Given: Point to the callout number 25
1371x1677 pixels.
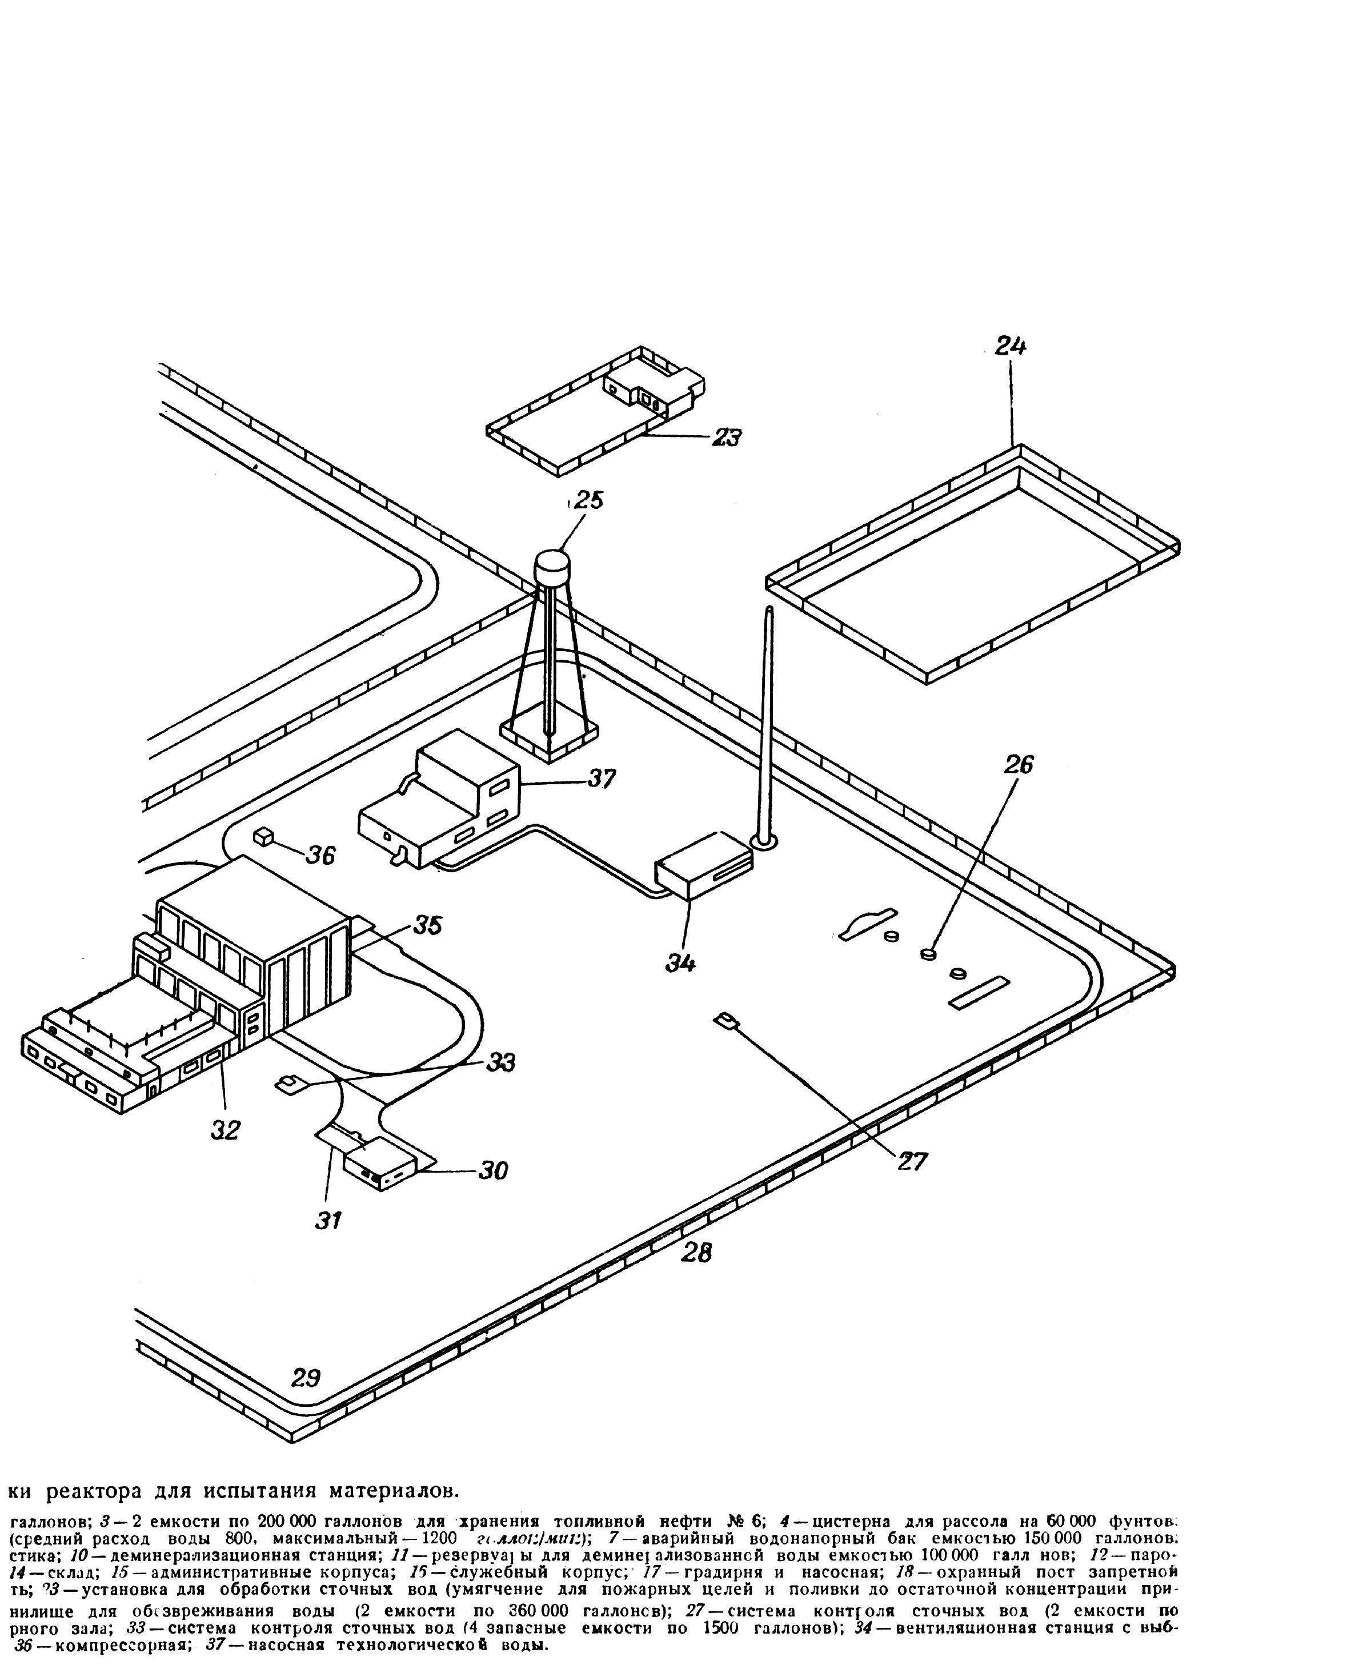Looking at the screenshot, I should point(588,500).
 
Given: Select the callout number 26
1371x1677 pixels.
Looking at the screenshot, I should point(1019,764).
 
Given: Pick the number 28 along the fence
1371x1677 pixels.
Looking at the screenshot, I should point(696,1252).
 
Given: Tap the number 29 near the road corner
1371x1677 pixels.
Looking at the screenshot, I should point(306,1378).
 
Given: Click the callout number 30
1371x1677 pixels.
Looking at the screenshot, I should point(493,1170).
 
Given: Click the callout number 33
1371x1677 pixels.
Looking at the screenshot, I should point(500,1062).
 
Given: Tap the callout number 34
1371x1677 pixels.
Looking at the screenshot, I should point(681,962).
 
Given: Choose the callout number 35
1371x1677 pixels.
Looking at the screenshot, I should point(427,925).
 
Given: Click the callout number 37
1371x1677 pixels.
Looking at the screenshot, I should point(602,779).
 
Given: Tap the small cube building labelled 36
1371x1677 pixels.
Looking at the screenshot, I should point(263,836).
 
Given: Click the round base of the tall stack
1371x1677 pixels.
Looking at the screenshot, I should point(764,842).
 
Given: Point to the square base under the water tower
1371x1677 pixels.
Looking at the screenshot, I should point(549,733).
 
